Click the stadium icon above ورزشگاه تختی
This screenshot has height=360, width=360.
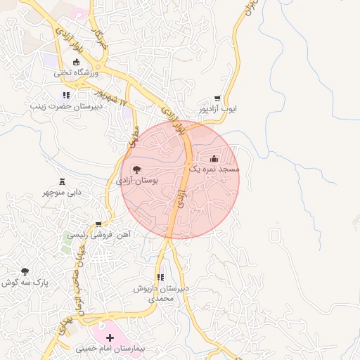point(76,62)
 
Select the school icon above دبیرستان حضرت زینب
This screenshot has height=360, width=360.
point(65,95)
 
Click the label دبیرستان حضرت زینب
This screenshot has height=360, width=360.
point(65,106)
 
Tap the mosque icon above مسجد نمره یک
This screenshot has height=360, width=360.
point(214,159)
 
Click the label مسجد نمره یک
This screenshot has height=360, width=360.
point(214,169)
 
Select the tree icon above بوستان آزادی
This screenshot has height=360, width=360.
point(136,169)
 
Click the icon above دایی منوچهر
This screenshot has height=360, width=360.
point(62,181)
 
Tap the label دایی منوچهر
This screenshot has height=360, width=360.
point(62,192)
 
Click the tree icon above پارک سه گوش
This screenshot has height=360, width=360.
point(25,271)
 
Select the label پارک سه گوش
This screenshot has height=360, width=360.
point(25,282)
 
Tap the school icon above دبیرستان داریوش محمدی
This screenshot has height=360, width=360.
point(160,278)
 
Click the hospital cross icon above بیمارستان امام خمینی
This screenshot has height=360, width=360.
point(110,338)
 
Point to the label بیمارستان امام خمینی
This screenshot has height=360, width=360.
point(110,349)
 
